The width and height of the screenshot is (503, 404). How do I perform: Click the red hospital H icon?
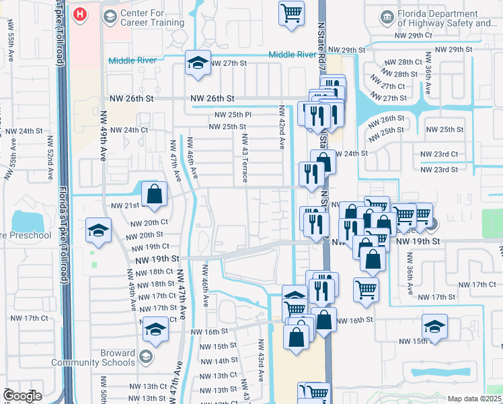click(80, 14)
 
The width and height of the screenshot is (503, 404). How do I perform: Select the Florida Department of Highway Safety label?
click(447, 18)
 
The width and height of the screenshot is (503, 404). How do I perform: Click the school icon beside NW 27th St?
click(197, 63)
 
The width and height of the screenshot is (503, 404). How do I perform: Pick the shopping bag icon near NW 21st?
click(155, 193)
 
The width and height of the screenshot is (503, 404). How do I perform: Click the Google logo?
click(22, 396)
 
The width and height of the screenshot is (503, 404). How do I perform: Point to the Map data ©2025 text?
click(474, 399)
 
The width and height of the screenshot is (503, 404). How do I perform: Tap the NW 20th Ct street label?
click(149, 223)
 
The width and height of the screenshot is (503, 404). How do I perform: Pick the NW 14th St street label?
click(217, 361)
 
